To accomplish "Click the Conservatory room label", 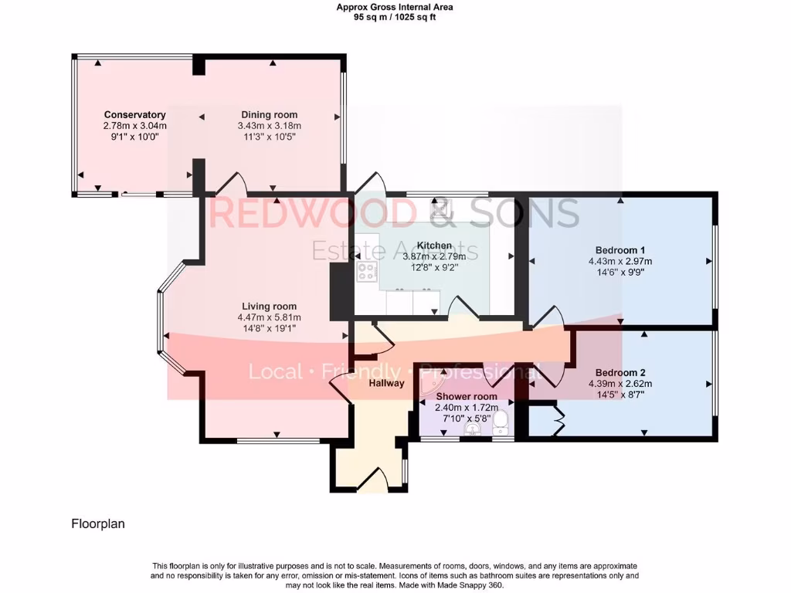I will pyautogui.click(x=135, y=115).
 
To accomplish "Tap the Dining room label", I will pyautogui.click(x=269, y=115).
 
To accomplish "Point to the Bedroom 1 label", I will pyautogui.click(x=620, y=250).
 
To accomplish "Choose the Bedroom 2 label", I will pyautogui.click(x=620, y=373).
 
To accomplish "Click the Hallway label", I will pyautogui.click(x=386, y=383).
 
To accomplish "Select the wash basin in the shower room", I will pyautogui.click(x=472, y=429).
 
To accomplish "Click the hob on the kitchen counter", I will pyautogui.click(x=366, y=273).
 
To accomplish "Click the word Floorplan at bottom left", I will pyautogui.click(x=98, y=524).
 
